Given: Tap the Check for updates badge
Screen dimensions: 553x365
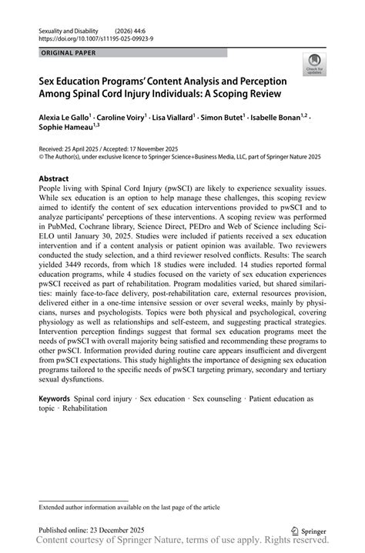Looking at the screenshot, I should [313, 65].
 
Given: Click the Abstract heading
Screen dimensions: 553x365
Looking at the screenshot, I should [54, 178].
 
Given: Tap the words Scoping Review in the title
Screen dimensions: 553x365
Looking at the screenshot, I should [253, 93].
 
